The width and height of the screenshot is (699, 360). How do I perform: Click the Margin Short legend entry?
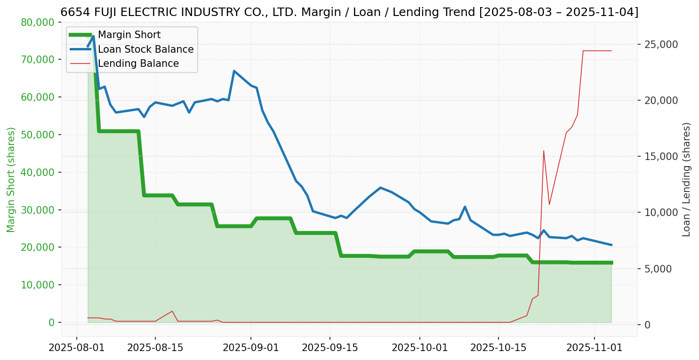coord(129,35)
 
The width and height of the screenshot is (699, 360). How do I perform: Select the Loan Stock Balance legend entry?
coord(145,49)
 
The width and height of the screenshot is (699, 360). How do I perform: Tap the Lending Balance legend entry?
coord(138,64)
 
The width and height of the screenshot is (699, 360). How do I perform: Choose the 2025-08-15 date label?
coord(155,348)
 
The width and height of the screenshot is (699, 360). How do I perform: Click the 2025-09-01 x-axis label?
coord(250,348)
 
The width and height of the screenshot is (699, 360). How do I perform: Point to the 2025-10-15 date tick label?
coord(498,348)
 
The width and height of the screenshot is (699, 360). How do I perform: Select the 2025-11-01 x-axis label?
coord(594,348)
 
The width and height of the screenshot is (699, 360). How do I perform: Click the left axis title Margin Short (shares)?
coord(11,179)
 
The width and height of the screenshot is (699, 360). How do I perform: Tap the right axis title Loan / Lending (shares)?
coord(686,179)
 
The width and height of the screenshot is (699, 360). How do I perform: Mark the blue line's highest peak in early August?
coord(93,36)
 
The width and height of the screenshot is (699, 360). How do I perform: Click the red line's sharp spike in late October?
coord(544,151)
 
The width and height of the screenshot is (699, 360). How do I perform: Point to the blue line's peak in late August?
coord(234,71)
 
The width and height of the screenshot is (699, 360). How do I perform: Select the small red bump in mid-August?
coord(172,311)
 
